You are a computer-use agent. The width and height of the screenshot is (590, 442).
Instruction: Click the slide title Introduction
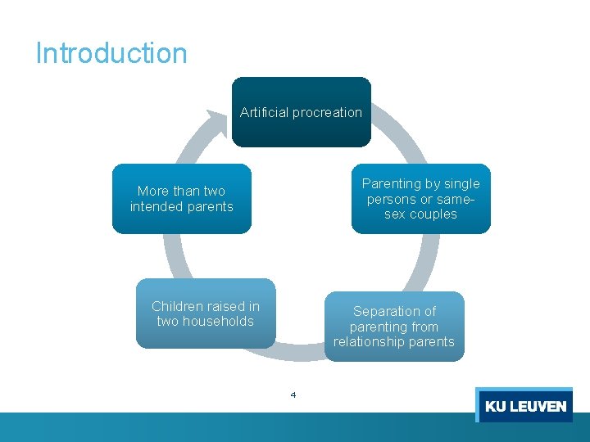pyautogui.click(x=111, y=53)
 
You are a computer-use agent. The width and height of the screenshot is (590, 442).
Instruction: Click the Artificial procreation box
pyautogui.click(x=301, y=112)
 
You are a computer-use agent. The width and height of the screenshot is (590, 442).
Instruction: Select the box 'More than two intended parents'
pyautogui.click(x=181, y=199)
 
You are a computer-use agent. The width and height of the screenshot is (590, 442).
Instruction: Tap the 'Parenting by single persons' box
pyautogui.click(x=421, y=199)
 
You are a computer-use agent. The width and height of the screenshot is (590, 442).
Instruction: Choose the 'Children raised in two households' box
pyautogui.click(x=206, y=314)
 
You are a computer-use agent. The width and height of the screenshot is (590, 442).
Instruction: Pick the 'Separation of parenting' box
pyautogui.click(x=395, y=327)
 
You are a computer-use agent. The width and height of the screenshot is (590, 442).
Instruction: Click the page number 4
pyautogui.click(x=293, y=395)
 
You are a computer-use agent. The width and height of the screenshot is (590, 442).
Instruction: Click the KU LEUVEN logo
pyautogui.click(x=524, y=405)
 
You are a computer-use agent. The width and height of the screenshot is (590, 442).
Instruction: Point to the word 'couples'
pyautogui.click(x=433, y=214)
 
